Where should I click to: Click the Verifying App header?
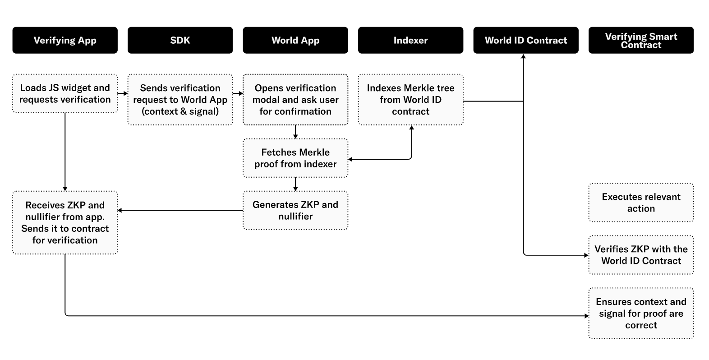click(65, 40)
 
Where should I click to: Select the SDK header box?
click(180, 40)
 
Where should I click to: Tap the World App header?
click(295, 40)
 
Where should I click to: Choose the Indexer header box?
click(410, 40)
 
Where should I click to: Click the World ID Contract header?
click(526, 40)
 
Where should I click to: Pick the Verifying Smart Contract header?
click(641, 40)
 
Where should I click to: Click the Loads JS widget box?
click(65, 94)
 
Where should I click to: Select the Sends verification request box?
click(180, 100)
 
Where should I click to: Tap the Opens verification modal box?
click(295, 100)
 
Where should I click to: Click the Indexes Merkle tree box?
click(410, 100)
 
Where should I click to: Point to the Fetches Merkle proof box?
click(295, 158)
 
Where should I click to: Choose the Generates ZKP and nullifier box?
click(295, 210)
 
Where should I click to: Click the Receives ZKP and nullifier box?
click(65, 222)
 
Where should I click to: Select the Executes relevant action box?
click(641, 203)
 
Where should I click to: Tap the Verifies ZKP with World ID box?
click(641, 255)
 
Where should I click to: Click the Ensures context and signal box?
click(641, 313)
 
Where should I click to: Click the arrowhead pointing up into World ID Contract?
click(524, 57)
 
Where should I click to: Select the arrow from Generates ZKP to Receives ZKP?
click(180, 210)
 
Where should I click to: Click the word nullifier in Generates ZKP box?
click(295, 217)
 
